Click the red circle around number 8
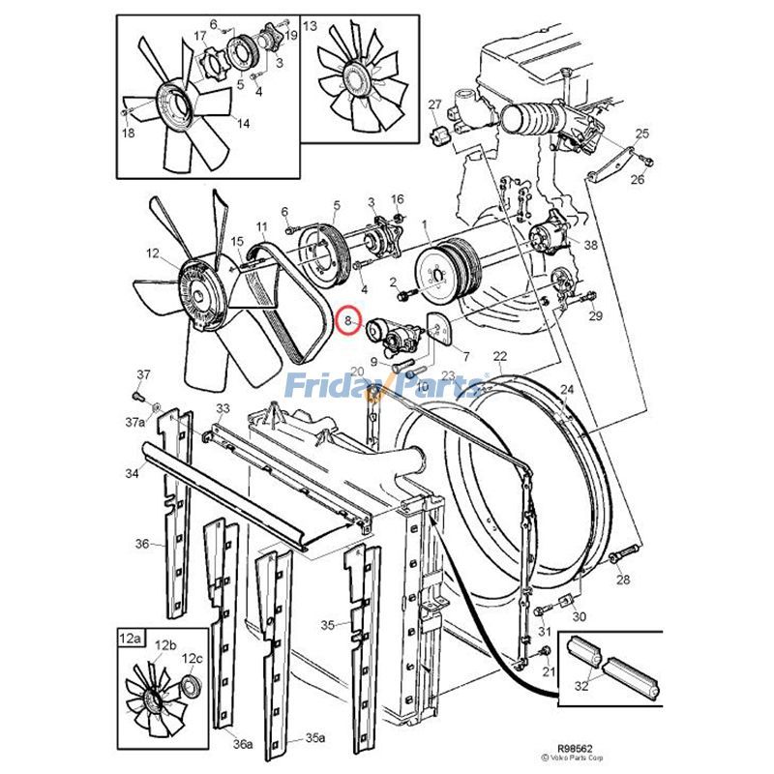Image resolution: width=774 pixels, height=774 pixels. click(x=347, y=318)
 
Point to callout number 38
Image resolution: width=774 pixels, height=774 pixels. click(x=590, y=246)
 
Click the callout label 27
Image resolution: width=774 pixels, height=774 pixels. click(x=434, y=104)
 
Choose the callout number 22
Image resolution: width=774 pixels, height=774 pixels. click(x=499, y=356)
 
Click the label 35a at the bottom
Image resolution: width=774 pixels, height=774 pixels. click(x=313, y=737)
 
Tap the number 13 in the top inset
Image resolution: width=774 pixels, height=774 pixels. click(x=310, y=26)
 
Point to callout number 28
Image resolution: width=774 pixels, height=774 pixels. click(x=622, y=580)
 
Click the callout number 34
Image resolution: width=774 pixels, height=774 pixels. click(x=131, y=472)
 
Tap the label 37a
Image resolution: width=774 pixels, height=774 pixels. click(x=133, y=422)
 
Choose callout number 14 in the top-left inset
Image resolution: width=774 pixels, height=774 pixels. click(x=241, y=123)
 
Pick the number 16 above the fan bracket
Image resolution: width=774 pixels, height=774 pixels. click(x=397, y=198)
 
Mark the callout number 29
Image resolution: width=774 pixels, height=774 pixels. click(x=596, y=316)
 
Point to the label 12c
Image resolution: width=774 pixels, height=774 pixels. click(x=193, y=659)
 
